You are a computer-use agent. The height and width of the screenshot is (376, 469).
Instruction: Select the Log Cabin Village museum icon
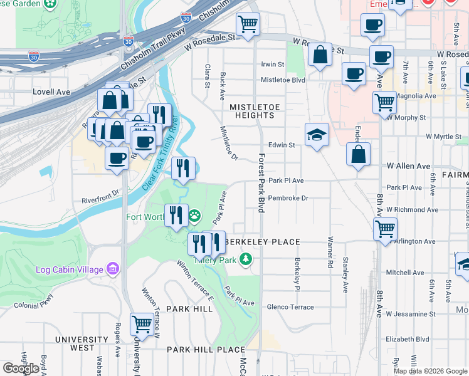click(113, 269)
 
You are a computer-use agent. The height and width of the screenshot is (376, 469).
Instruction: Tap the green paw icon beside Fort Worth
click(196, 217)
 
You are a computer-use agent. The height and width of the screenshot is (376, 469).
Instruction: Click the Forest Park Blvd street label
click(261, 185)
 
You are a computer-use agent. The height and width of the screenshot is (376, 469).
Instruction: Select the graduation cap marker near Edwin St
click(317, 135)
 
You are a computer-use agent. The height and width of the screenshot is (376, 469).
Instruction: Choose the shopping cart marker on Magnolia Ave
click(384, 102)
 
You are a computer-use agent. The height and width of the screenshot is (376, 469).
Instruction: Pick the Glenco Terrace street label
click(290, 306)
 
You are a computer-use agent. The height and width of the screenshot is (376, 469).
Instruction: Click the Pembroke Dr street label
click(288, 198)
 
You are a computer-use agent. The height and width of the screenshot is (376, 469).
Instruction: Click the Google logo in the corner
click(21, 368)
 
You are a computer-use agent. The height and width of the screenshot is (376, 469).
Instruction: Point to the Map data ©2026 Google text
click(430, 371)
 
